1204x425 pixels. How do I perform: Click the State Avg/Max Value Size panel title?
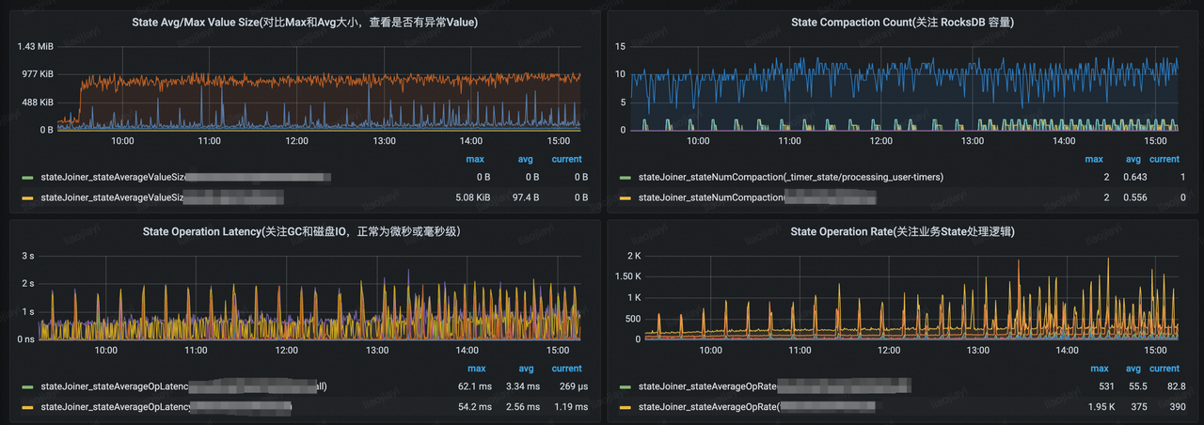click(298, 22)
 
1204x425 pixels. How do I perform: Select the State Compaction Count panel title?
click(901, 22)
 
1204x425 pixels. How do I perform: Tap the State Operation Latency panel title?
click(301, 231)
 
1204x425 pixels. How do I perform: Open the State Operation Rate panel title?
click(901, 231)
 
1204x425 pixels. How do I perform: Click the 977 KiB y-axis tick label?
click(35, 74)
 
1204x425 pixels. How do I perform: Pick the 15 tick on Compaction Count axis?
click(620, 46)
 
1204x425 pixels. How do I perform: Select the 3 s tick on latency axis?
click(28, 256)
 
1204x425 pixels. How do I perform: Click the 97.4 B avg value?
click(525, 198)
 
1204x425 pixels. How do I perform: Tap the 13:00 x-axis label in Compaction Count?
click(972, 140)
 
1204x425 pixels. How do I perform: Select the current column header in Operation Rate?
click(1164, 369)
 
